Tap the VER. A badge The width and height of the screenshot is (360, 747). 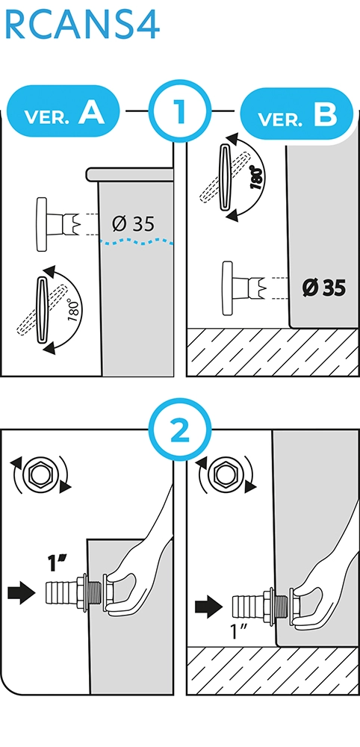click(x=64, y=111)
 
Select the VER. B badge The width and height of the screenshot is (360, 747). click(x=297, y=114)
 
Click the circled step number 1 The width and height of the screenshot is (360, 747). click(x=179, y=111)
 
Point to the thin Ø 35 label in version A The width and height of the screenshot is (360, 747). click(x=134, y=223)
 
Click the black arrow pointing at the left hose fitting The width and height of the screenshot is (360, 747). click(x=22, y=593)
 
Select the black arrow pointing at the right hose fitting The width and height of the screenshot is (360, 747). click(x=209, y=607)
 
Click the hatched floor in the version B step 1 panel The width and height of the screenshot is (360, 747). click(x=273, y=352)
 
